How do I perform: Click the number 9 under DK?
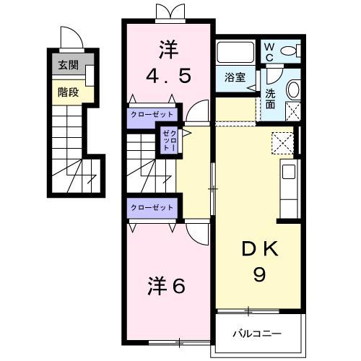pos(258,274)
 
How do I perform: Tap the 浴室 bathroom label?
pos(234,77)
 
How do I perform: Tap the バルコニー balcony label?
pos(257,334)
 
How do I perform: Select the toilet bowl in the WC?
pos(291,51)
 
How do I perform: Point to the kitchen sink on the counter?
pos(289,173)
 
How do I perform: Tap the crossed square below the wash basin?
pos(292,111)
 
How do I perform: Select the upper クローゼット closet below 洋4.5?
pos(152,114)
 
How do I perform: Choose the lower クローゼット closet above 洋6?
pos(152,207)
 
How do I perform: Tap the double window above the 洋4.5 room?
pos(167,12)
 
